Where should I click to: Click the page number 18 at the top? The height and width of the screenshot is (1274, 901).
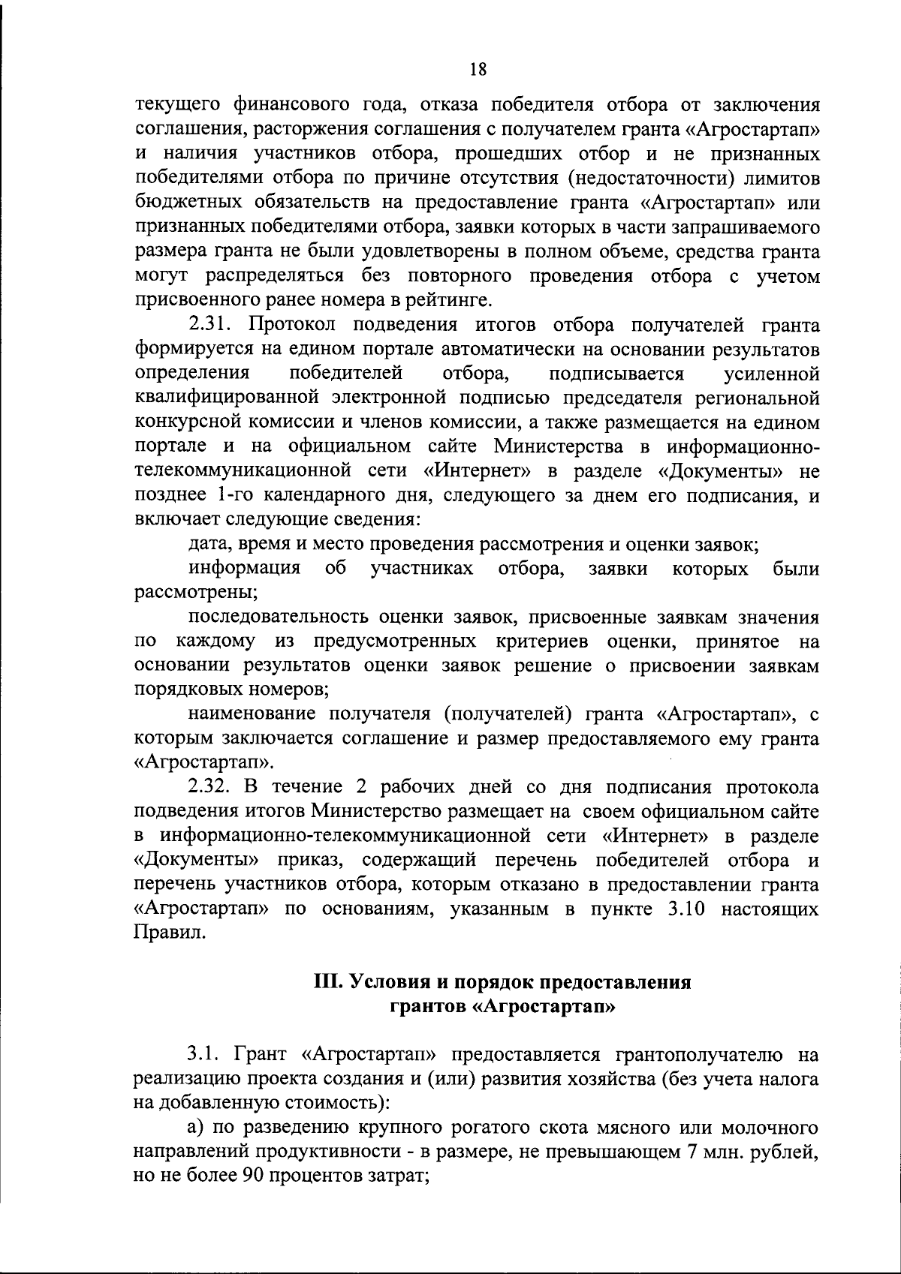(478, 70)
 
